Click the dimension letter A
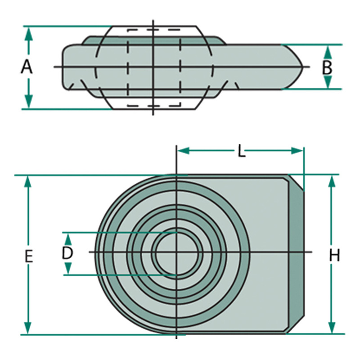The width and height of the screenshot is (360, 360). point(27,67)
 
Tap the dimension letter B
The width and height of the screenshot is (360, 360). point(327,67)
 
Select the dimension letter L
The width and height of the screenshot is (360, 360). point(241,151)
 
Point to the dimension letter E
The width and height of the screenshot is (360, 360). point(29,256)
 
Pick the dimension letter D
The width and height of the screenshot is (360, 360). point(67,252)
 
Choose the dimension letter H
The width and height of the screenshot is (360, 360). point(334,255)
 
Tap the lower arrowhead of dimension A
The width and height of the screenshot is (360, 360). point(28,101)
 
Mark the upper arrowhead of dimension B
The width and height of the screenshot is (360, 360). point(328,52)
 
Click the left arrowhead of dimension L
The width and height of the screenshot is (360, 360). point(184,151)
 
